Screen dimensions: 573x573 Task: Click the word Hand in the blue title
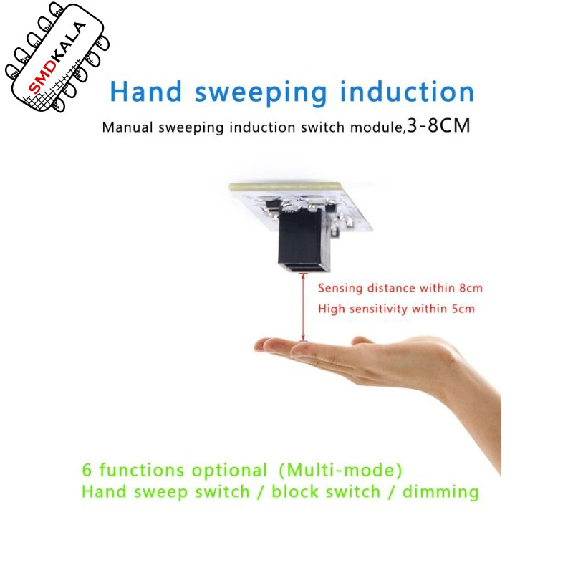pos(146,92)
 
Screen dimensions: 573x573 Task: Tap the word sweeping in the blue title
pos(261,94)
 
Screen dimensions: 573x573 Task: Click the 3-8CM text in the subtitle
pos(438,126)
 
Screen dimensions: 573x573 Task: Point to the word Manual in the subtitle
pos(127,127)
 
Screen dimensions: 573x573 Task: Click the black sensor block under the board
pos(304,241)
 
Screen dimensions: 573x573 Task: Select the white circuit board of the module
pos(300,206)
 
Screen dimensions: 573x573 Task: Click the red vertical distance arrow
pos(303,307)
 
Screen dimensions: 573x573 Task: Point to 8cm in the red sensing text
pos(471,288)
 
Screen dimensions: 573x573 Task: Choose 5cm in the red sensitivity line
pos(463,309)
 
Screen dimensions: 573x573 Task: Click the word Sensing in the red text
pos(340,289)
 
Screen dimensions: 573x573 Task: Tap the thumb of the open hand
pos(362,342)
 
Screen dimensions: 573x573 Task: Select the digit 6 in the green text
pos(87,470)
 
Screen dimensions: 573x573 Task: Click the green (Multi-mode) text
pos(340,470)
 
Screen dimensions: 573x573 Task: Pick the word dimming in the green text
pos(440,492)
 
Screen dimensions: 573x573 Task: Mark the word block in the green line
pos(294,491)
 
